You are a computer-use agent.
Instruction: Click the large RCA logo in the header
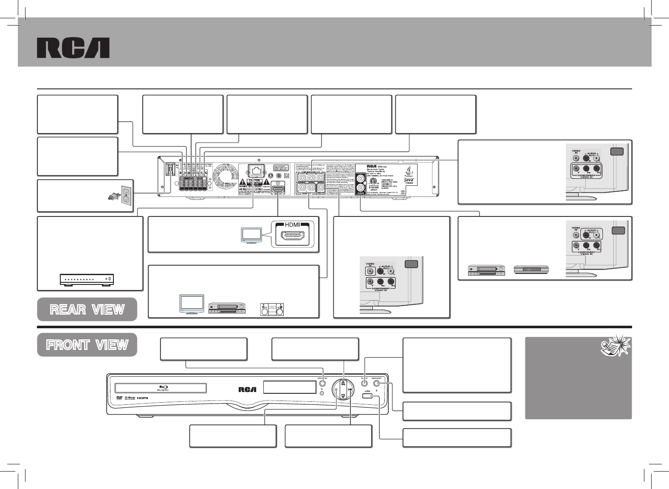[x=73, y=48]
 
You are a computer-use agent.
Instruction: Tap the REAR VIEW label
[x=87, y=310]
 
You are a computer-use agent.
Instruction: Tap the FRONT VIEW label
[x=87, y=345]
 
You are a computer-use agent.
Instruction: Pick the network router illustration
[x=88, y=279]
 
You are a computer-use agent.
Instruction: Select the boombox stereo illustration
[x=272, y=310]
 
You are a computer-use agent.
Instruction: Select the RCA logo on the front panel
[x=247, y=388]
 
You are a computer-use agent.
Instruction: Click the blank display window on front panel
[x=290, y=387]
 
